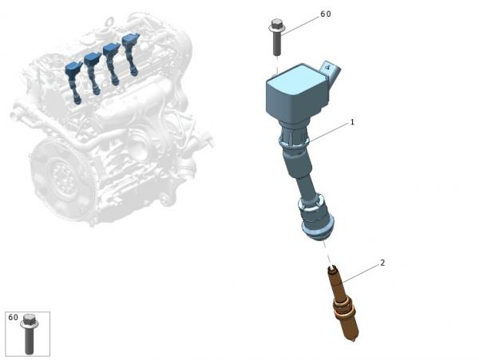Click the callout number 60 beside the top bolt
(326, 14)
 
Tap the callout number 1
(352, 122)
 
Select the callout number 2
(382, 263)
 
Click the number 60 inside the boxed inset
(13, 318)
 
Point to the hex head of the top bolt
(276, 22)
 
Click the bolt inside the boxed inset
(29, 334)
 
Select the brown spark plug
(342, 303)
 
